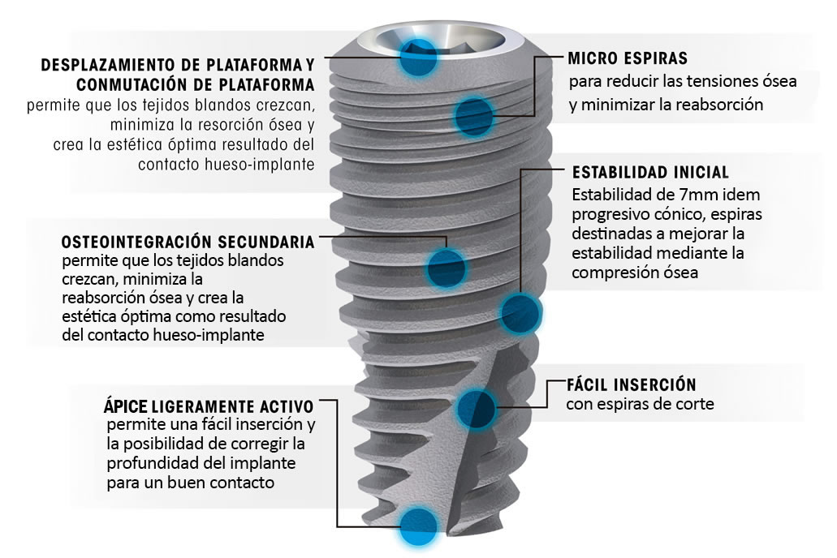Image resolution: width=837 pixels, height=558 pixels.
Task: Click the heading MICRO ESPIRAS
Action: coord(628,58)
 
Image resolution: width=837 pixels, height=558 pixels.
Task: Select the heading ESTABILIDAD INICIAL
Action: coord(650,172)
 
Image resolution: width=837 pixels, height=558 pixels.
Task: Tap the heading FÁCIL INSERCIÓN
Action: coord(631,384)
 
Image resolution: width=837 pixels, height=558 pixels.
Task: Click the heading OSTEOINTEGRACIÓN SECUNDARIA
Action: coord(188,242)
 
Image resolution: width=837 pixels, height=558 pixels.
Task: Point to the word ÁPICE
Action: coord(126,406)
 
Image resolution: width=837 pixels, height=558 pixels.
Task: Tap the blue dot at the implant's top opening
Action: coord(417,57)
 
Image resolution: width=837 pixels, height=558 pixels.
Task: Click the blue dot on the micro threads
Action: coord(474,116)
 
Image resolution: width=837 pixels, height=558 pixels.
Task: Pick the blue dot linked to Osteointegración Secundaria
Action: coord(447,268)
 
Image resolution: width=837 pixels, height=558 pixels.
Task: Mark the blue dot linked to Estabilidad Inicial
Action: coord(520,312)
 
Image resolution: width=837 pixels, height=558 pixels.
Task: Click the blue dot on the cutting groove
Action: coord(477,408)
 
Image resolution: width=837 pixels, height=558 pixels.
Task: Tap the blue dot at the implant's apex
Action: coord(419,526)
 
